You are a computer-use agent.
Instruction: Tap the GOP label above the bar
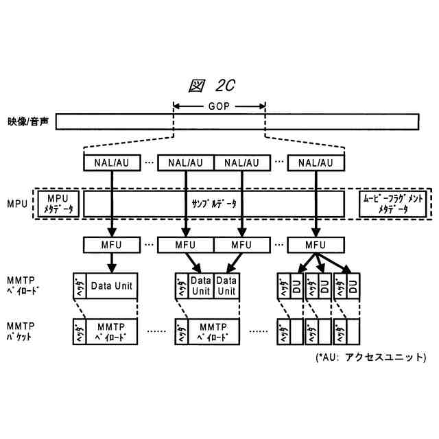(x=219, y=106)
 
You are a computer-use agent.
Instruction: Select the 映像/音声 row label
(x=27, y=121)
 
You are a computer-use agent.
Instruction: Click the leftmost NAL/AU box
(x=110, y=163)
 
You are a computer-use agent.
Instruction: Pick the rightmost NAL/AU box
(x=316, y=163)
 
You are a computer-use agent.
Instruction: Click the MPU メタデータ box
(x=59, y=204)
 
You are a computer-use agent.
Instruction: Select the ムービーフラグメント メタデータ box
(x=393, y=204)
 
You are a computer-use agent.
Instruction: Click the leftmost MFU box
(x=110, y=245)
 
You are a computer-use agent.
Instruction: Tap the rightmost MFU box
(x=316, y=245)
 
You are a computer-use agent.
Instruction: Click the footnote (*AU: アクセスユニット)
(x=370, y=357)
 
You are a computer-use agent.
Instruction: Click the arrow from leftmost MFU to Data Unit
(x=110, y=263)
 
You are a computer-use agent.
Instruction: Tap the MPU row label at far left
(x=16, y=204)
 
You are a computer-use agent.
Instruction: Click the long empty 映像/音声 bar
(x=237, y=122)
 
